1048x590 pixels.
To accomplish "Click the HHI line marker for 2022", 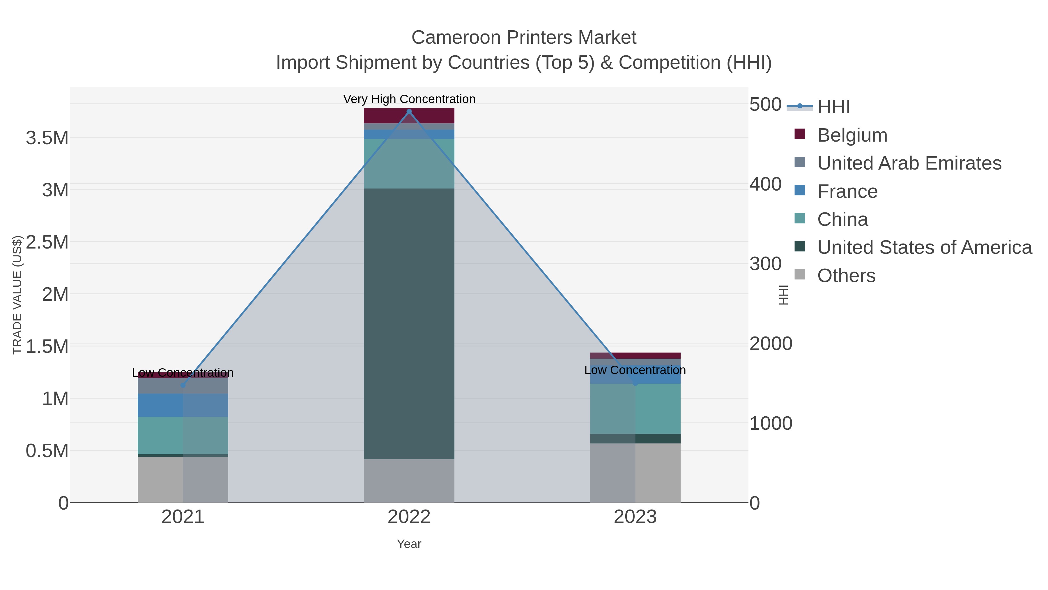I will click(x=409, y=112).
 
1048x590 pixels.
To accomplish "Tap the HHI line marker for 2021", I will click(x=183, y=385).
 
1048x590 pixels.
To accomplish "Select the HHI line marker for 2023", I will click(x=635, y=383).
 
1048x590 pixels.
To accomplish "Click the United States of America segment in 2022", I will click(x=409, y=324).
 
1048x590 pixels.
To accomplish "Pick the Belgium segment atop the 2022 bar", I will click(x=409, y=116).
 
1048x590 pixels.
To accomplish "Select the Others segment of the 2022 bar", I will click(x=409, y=480).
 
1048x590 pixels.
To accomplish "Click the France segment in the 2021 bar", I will click(x=183, y=405).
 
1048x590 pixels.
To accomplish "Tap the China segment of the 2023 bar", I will click(x=635, y=408).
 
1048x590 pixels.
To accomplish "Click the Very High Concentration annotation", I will click(x=409, y=99).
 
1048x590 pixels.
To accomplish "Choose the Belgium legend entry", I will click(x=852, y=135).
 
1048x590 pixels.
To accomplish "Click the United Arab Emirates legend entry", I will click(x=909, y=163).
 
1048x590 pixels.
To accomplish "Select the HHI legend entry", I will click(x=833, y=107).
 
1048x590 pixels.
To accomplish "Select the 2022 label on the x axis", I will click(x=409, y=517).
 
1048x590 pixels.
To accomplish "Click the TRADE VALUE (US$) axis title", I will click(x=17, y=295).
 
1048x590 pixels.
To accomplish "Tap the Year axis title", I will click(x=409, y=544).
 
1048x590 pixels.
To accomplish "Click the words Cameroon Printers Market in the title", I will click(x=524, y=38).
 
